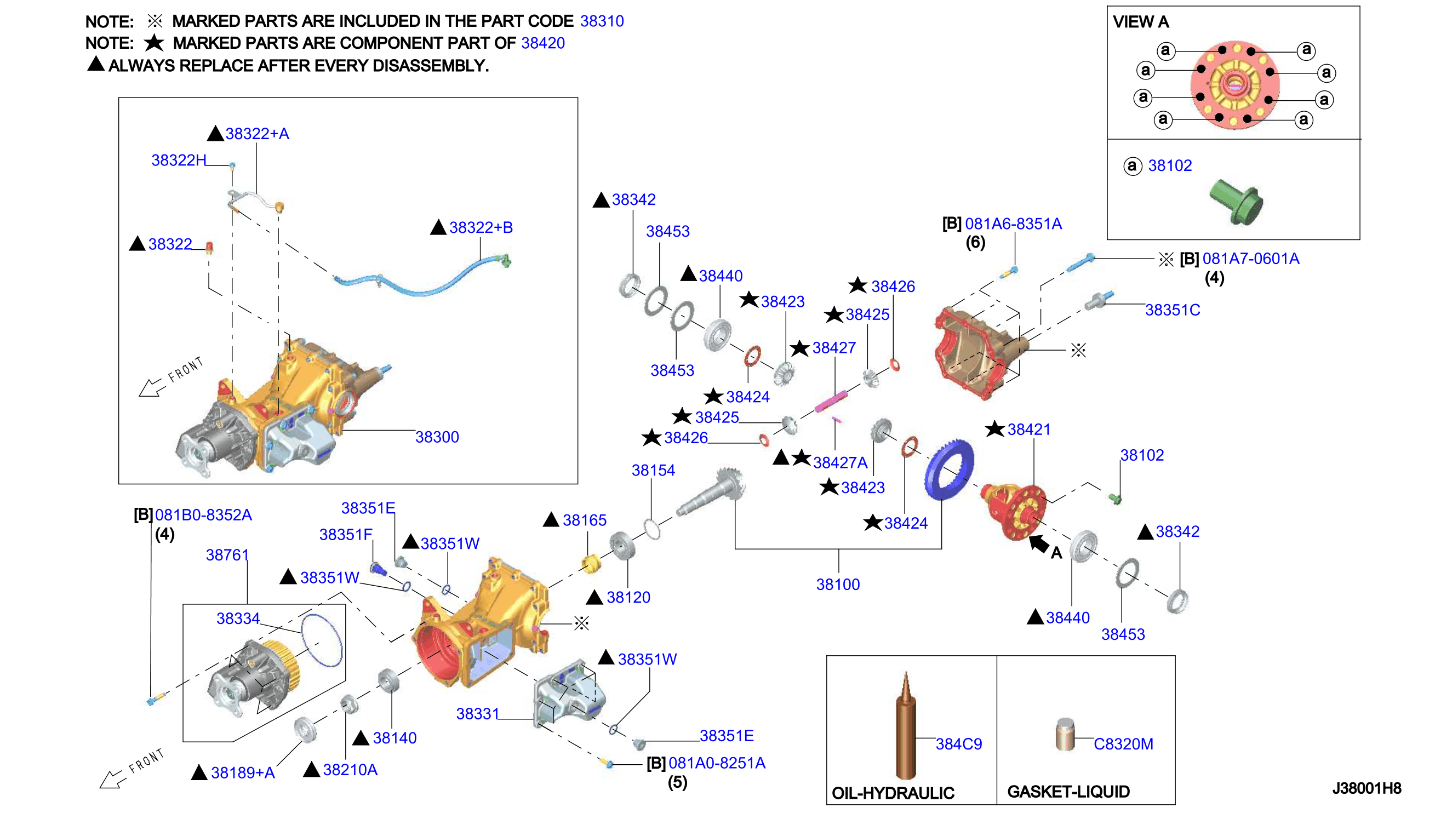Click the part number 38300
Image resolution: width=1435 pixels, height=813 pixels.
coord(437,437)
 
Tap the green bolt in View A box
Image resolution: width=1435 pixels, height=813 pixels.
coord(1236,202)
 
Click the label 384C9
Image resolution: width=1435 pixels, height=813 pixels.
coord(958,744)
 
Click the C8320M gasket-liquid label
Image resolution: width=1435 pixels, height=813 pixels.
coord(1123,744)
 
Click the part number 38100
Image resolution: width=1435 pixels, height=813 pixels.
coord(838,584)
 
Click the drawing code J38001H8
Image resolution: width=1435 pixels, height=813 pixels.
coord(1367,788)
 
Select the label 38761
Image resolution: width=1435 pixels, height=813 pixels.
coord(227,555)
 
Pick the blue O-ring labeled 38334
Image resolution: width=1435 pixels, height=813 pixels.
coord(322,640)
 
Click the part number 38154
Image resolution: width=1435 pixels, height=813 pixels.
coord(653,470)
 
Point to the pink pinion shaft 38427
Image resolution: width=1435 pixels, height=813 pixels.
coord(831,402)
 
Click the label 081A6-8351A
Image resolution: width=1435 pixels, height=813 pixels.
coord(1013,224)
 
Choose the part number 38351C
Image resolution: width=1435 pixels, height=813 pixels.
coord(1173,310)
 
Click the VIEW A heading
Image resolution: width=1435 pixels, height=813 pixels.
coord(1140,22)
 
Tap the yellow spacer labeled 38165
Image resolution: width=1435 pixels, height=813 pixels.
coord(590,563)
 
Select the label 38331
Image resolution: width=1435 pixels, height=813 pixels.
coord(477,714)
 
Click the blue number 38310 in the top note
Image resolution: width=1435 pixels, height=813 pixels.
coord(602,21)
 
